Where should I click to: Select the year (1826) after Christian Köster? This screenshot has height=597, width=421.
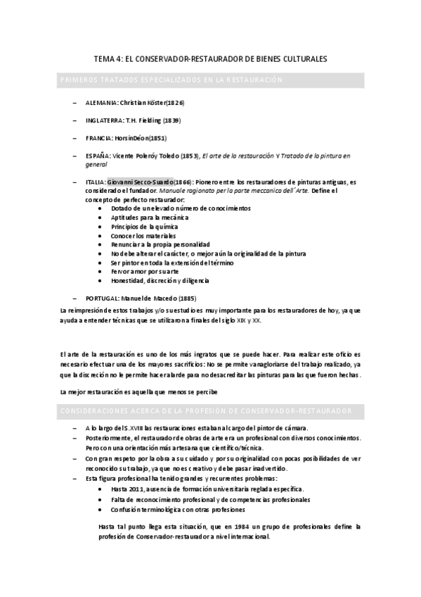pos(175,103)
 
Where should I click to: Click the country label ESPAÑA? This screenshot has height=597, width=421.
pos(98,156)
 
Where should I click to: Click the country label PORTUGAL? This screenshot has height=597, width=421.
pos(104,298)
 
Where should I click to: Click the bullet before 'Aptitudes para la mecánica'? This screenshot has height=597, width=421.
pos(103,218)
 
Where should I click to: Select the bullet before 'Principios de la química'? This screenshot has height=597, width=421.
pos(103,227)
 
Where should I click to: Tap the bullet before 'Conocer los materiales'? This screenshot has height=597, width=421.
pos(103,235)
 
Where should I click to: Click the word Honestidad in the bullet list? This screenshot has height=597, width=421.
pos(128,280)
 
